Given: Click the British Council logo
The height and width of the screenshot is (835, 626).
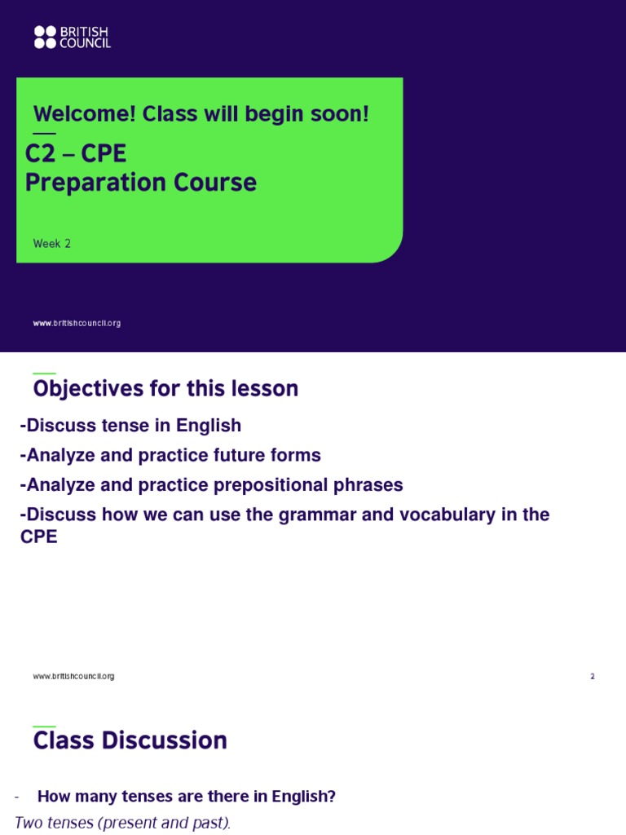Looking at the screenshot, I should click(x=72, y=37).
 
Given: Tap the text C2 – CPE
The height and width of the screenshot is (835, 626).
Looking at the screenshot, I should click(x=76, y=153).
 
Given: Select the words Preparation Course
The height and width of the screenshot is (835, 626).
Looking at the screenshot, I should click(x=141, y=183).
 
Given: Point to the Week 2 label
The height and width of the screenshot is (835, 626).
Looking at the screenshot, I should click(x=51, y=244).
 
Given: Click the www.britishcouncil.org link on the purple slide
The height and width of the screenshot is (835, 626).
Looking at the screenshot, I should click(x=77, y=323).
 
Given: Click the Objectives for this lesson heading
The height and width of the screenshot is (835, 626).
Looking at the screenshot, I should click(x=165, y=389).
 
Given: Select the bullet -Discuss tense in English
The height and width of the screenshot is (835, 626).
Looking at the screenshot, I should click(x=130, y=426).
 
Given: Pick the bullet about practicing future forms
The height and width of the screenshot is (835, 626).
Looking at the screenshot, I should click(x=170, y=455).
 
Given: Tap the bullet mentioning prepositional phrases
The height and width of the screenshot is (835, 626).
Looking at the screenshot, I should click(x=211, y=485).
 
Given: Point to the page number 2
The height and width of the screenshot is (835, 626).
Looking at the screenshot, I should click(x=593, y=676).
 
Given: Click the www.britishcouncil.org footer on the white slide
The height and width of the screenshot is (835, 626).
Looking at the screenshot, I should click(x=73, y=676).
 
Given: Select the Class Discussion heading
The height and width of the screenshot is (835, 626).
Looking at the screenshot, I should click(x=130, y=740).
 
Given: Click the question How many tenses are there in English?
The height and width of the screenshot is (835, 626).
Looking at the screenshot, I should click(x=187, y=797).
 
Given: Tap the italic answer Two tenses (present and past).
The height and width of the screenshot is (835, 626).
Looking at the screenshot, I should click(x=122, y=824).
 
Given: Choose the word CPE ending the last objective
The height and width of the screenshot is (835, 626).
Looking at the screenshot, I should click(x=38, y=537).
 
